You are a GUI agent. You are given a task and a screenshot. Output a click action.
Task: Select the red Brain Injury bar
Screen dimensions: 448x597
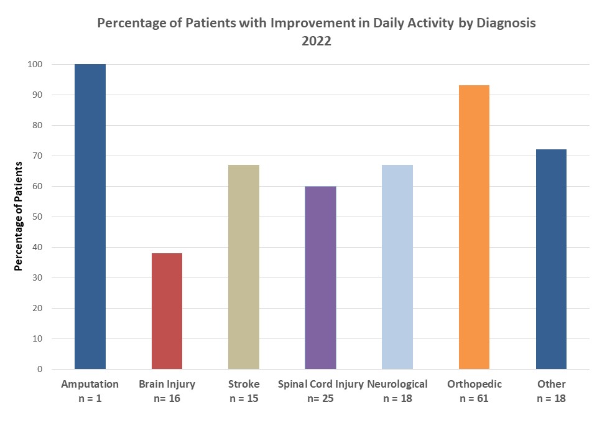[167, 311]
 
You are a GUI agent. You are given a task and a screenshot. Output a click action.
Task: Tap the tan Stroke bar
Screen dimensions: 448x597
[244, 267]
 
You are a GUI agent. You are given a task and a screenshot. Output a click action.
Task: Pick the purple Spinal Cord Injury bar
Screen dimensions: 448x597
[320, 278]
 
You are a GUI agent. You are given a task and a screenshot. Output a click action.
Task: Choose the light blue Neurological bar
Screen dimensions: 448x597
[397, 267]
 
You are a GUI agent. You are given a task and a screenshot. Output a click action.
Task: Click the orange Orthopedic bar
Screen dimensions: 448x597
[474, 227]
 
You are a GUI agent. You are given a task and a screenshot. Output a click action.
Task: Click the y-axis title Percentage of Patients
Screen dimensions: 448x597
[19, 217]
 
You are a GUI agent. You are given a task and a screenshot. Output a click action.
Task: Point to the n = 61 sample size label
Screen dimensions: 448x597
[474, 398]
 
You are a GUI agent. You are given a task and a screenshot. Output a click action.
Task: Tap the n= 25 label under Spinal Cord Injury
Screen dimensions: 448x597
[320, 398]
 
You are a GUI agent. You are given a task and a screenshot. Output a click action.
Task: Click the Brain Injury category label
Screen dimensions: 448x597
[167, 384]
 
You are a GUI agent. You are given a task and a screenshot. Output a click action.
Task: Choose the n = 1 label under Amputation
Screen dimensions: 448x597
[90, 398]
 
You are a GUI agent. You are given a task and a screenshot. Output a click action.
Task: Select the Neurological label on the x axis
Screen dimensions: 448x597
[397, 384]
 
